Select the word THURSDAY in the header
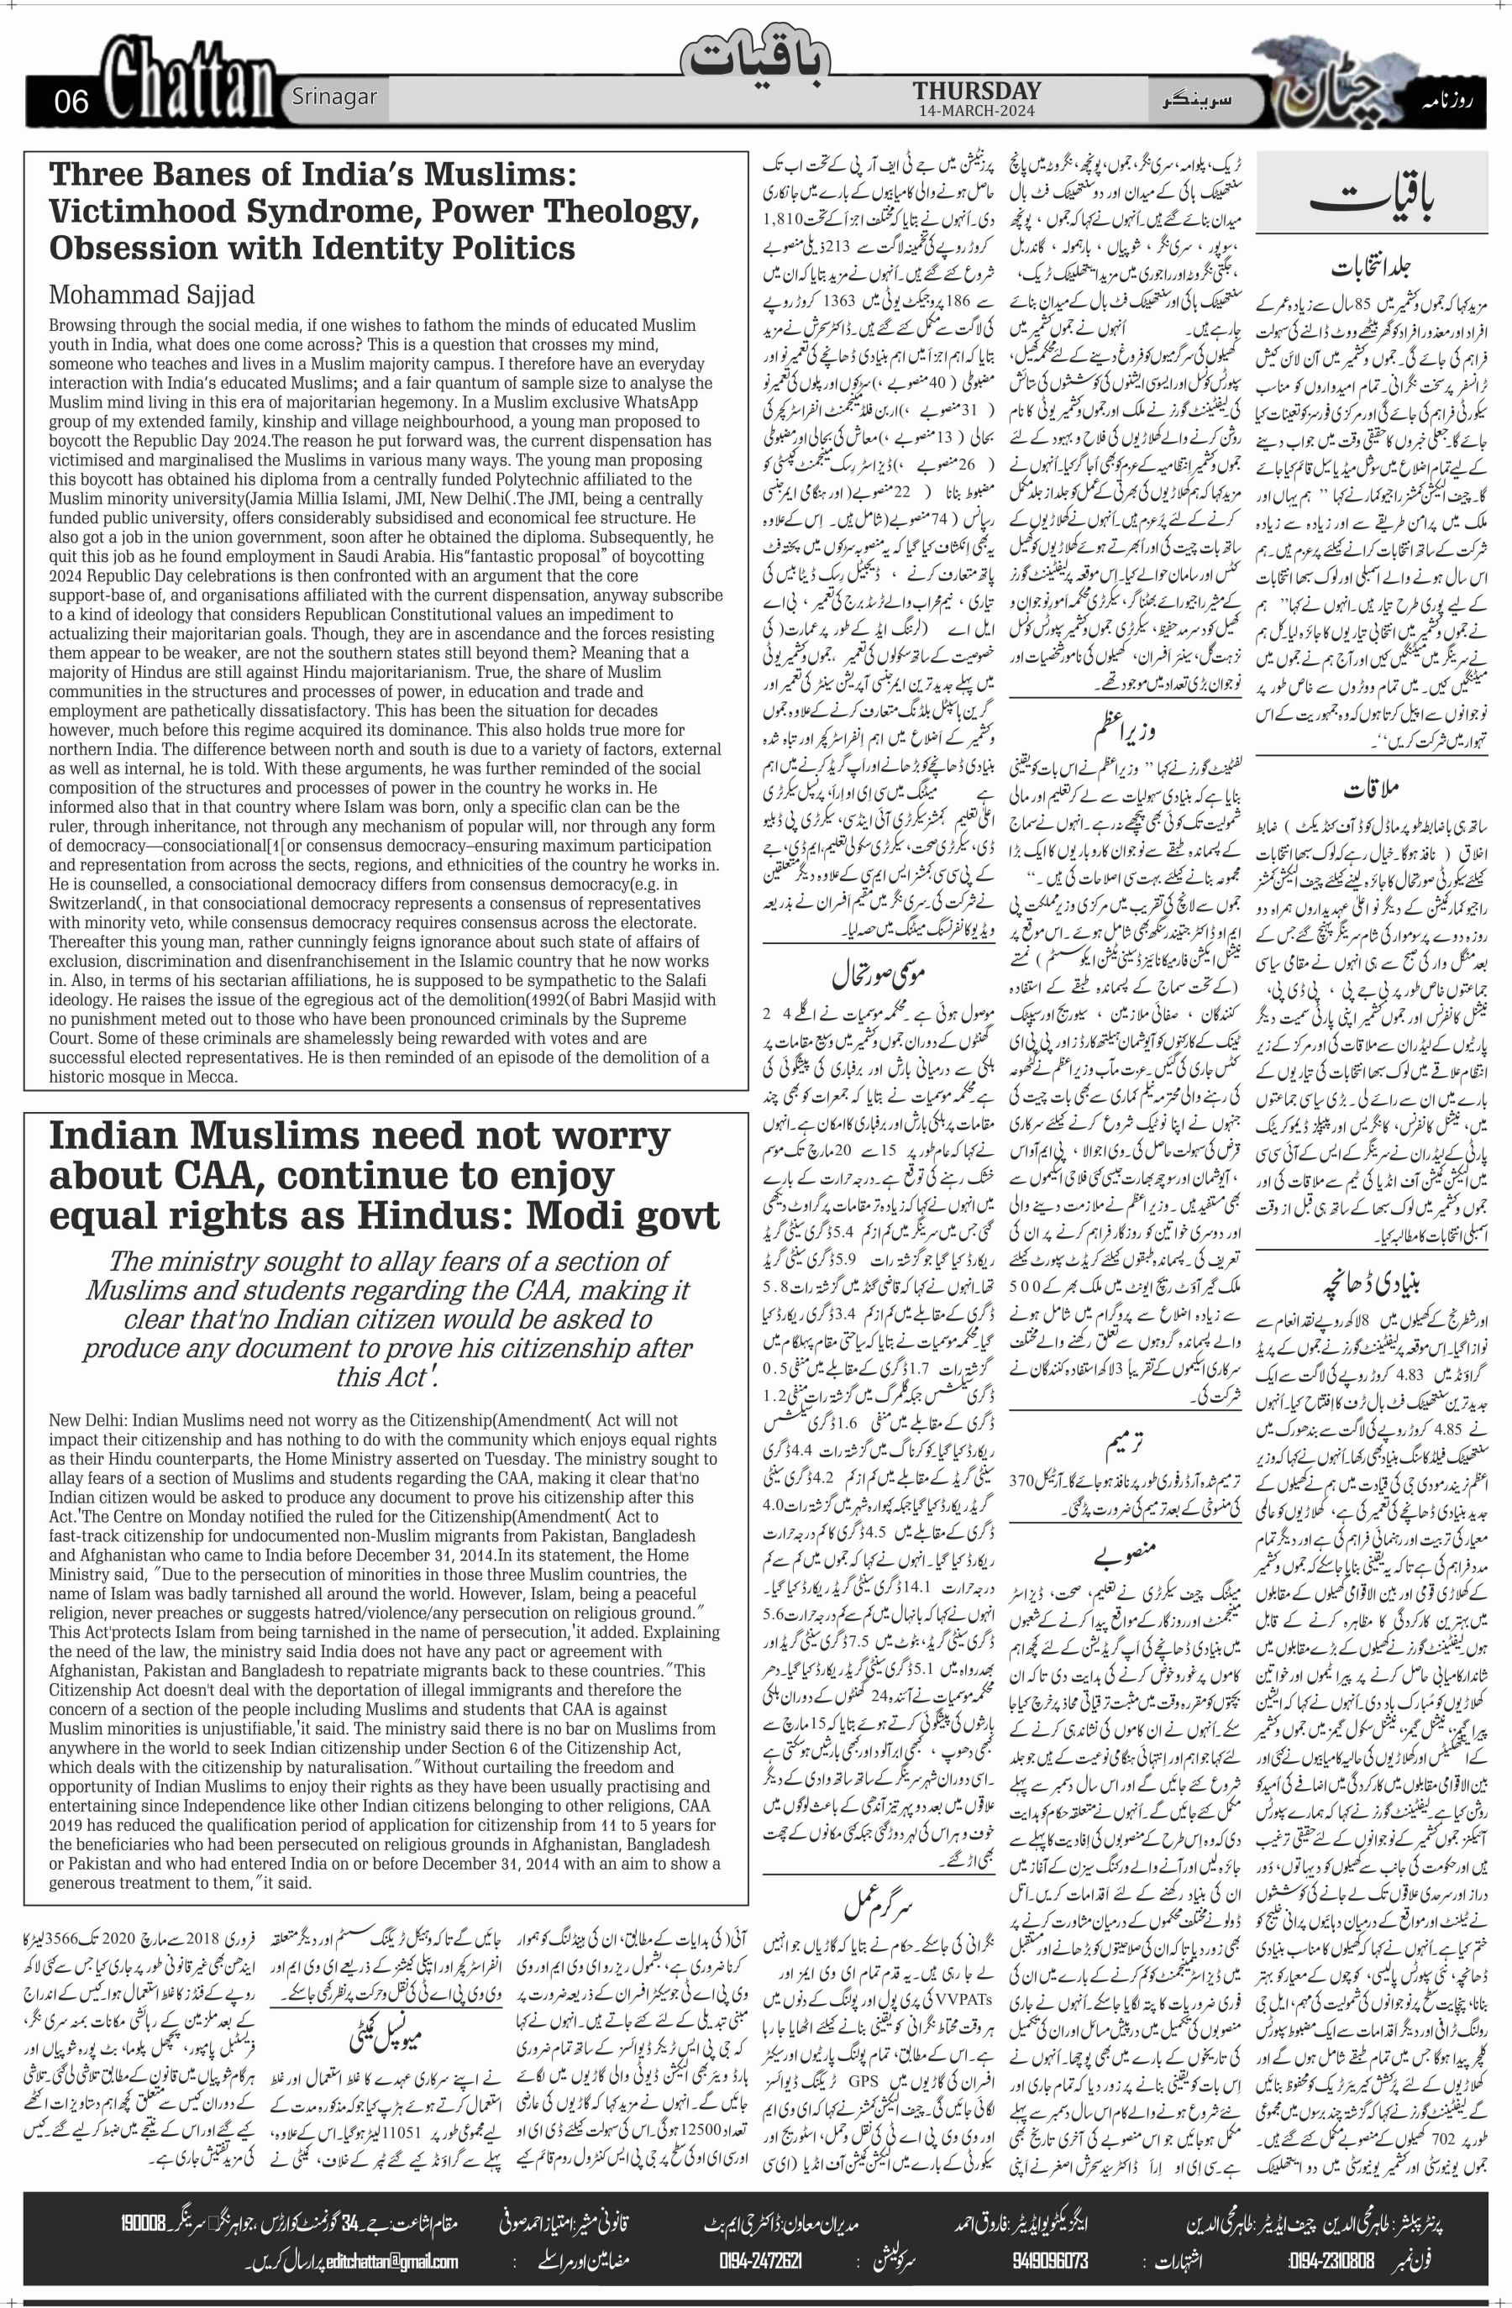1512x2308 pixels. (x=976, y=92)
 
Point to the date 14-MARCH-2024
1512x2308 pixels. (x=976, y=112)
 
